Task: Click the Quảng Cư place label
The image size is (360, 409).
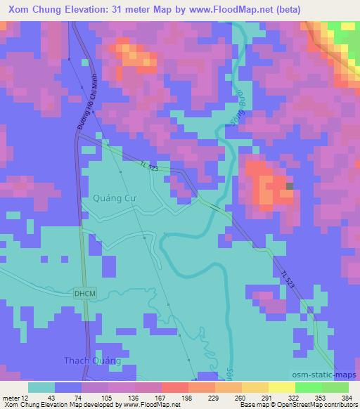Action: click(113, 198)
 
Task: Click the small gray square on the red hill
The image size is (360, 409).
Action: click(290, 186)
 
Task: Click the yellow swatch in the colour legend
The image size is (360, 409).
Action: click(262, 387)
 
